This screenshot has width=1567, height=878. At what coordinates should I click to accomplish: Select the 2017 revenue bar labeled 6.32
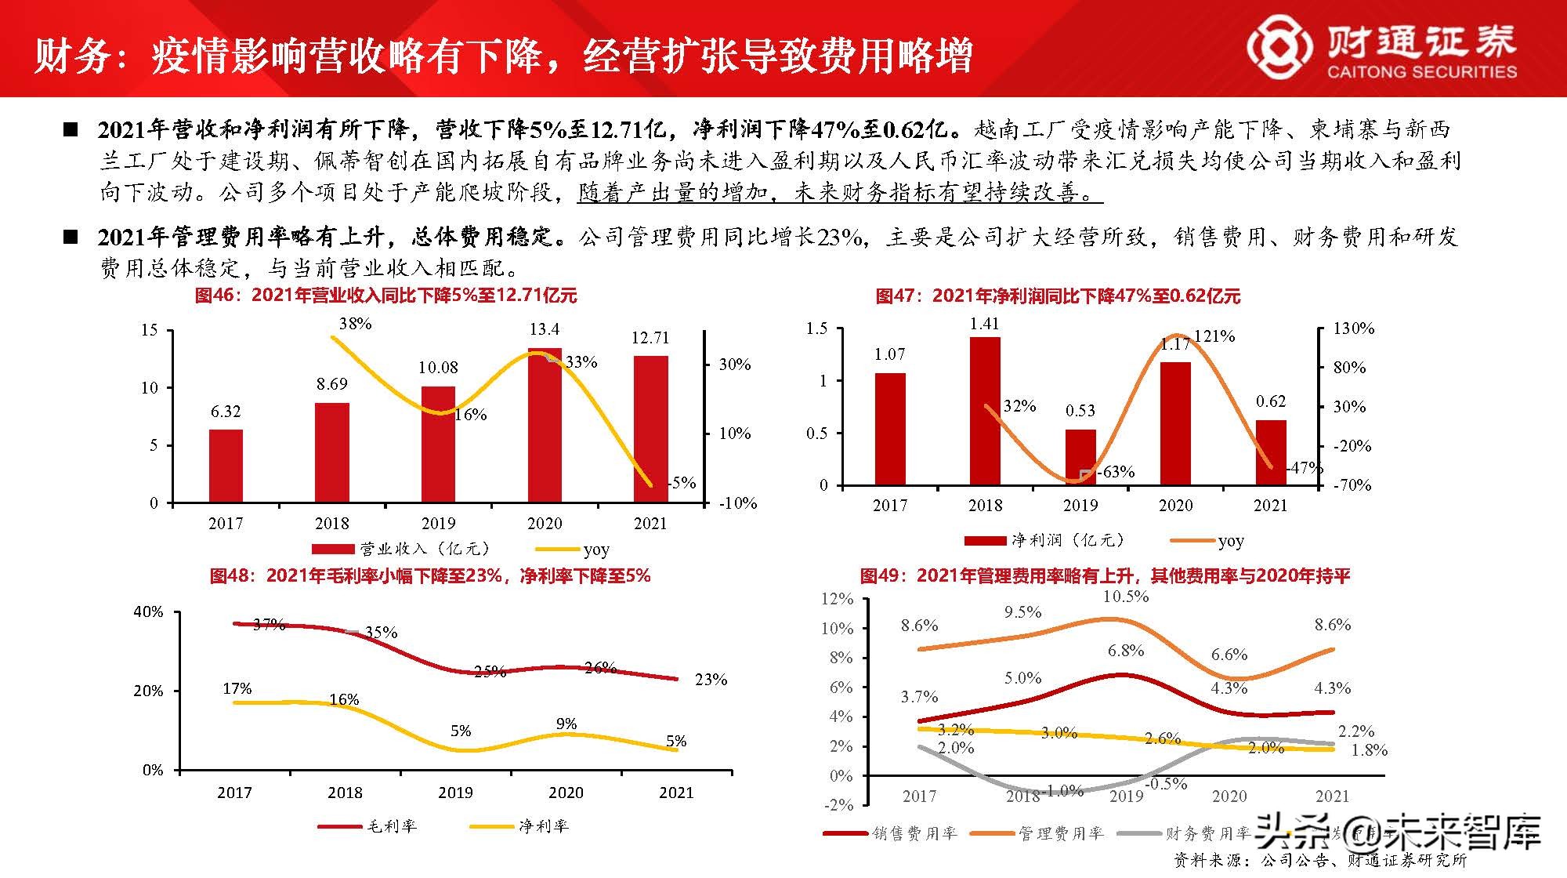pyautogui.click(x=226, y=466)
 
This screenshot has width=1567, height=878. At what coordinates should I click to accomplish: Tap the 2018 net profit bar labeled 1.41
pyautogui.click(x=985, y=411)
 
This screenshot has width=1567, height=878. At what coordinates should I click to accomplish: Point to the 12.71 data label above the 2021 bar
pyautogui.click(x=650, y=338)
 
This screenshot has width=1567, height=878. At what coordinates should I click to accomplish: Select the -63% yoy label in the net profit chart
pyautogui.click(x=1116, y=472)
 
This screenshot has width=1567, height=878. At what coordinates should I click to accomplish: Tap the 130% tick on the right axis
pyautogui.click(x=1354, y=328)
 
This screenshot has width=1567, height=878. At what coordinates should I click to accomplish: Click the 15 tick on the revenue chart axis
pyautogui.click(x=149, y=330)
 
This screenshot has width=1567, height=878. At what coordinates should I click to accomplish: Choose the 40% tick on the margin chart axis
pyautogui.click(x=148, y=611)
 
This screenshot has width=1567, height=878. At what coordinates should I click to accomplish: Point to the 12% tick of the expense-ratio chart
pyautogui.click(x=837, y=599)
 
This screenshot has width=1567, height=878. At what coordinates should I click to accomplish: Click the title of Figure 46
pyautogui.click(x=385, y=296)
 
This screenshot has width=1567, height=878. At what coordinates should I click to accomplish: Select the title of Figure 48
pyautogui.click(x=430, y=576)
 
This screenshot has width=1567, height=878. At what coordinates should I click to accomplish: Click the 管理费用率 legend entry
pyautogui.click(x=1038, y=833)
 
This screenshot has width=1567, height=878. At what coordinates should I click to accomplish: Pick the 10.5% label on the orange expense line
pyautogui.click(x=1126, y=597)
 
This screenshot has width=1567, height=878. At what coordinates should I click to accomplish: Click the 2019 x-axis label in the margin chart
pyautogui.click(x=455, y=793)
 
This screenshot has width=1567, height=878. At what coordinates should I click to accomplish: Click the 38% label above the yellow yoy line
pyautogui.click(x=355, y=324)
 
